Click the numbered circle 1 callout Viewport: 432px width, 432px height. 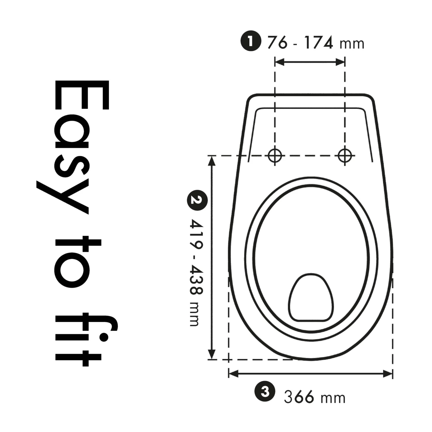click(x=251, y=41)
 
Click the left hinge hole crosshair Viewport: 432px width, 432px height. click(x=275, y=156)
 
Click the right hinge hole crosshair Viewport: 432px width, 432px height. click(x=345, y=156)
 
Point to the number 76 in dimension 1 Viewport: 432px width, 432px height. click(x=277, y=43)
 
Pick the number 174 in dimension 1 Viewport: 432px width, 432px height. click(x=319, y=43)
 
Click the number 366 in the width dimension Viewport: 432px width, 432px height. click(x=299, y=397)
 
